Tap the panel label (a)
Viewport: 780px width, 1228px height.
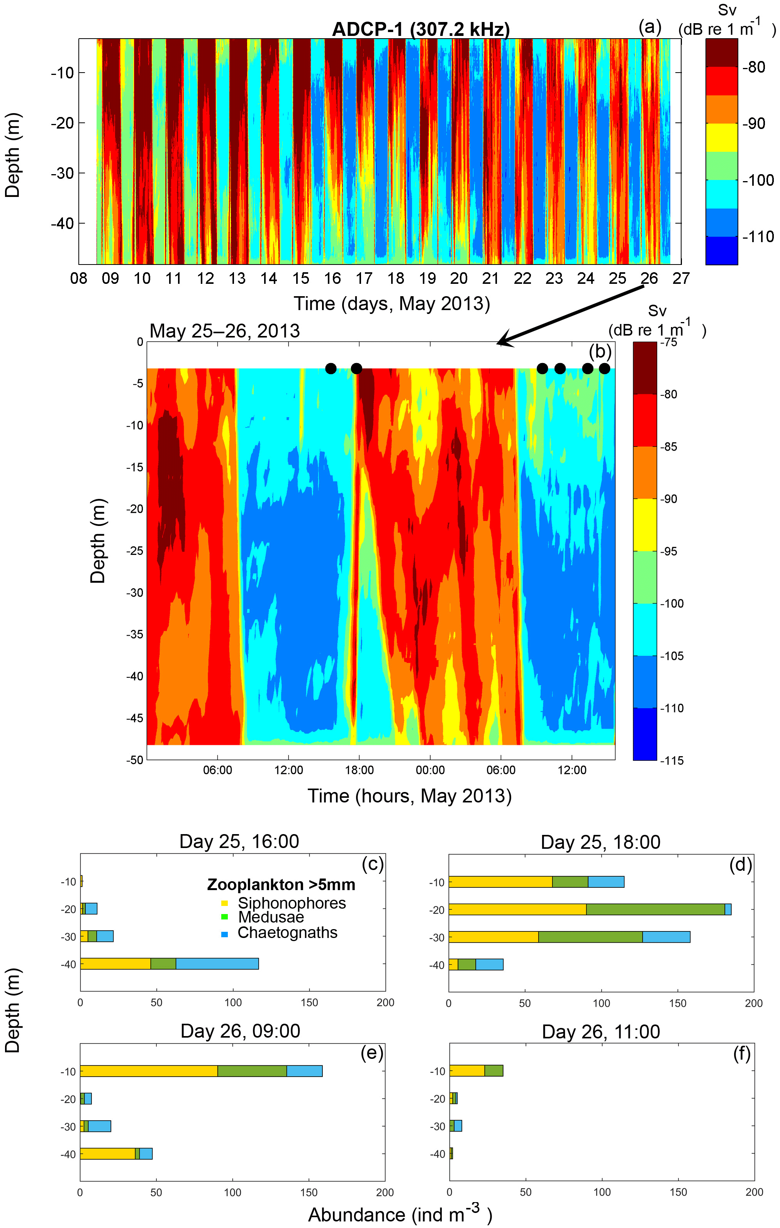tap(649, 27)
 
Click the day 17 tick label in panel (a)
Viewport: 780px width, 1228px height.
tap(364, 278)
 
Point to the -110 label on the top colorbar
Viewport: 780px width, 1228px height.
tap(758, 237)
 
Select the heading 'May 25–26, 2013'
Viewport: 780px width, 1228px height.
tap(224, 331)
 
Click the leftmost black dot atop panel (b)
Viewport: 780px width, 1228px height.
tap(331, 368)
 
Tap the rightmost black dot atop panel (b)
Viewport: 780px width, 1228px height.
tap(604, 368)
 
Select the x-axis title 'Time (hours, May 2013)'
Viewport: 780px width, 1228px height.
tap(409, 796)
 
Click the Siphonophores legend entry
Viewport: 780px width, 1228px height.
tap(292, 903)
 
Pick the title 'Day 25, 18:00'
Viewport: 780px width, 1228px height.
tap(600, 842)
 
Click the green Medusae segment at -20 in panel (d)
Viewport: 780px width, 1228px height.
tap(655, 909)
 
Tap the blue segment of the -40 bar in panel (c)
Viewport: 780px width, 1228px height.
tap(217, 964)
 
